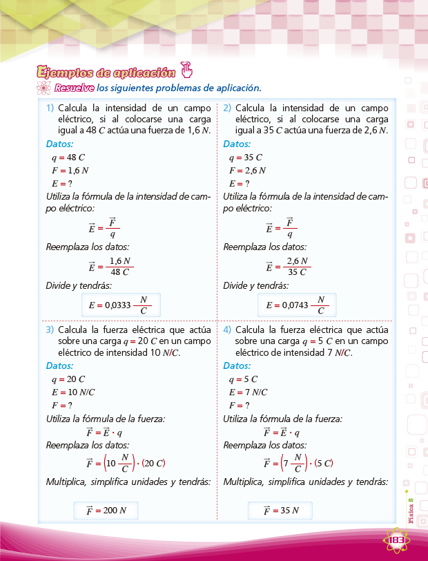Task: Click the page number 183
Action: click(396, 539)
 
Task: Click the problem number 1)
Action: click(50, 108)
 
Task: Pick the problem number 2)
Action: click(227, 108)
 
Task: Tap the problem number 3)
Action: click(50, 330)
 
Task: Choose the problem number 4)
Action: click(227, 330)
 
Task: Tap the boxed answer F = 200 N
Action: click(106, 511)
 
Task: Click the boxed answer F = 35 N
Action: click(280, 511)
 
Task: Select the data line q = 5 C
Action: click(242, 379)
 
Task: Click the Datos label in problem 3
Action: click(61, 365)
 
